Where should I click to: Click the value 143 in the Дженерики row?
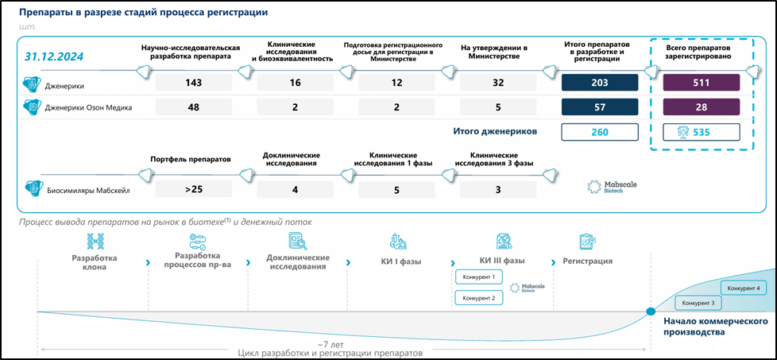coord(194,82)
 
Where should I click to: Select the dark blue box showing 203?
coord(600,82)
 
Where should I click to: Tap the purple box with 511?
coord(702,82)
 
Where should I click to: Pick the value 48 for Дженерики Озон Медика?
coord(194,106)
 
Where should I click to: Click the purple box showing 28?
coord(702,106)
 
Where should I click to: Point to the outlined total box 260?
coord(600,132)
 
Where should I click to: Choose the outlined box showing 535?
coord(702,132)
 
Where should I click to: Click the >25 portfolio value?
coord(194,189)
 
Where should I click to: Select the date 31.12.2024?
coord(54,56)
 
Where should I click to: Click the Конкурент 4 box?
coord(744,288)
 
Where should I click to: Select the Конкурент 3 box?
coord(698,303)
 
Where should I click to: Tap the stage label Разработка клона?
coord(95,263)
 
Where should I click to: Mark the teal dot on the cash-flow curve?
coord(651,312)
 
